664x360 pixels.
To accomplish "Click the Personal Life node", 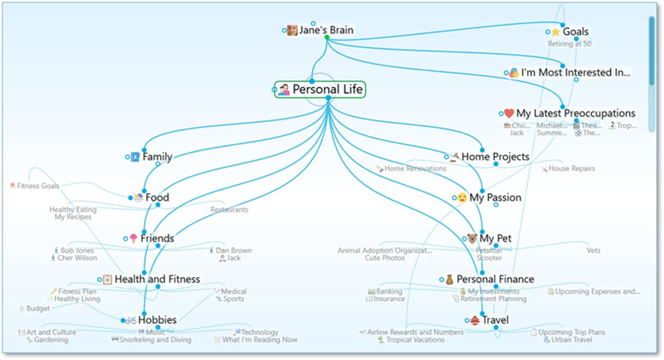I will coord(328,90).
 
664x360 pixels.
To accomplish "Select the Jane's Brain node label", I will coord(326,31).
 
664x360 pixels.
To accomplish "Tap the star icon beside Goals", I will coord(555,32).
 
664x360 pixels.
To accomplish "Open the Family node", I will coord(157,157).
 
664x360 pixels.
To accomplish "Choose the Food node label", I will coord(157,197).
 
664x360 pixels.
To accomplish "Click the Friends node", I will coord(157,238).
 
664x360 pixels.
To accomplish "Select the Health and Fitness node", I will coord(157,279).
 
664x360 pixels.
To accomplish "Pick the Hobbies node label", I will coord(157,319).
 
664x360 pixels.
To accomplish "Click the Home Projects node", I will coord(495,157).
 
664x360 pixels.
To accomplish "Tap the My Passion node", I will coord(495,197).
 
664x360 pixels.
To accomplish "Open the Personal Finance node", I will coord(495,279).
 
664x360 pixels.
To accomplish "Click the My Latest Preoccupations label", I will coord(575,113).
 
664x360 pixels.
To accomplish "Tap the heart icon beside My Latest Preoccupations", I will coord(509,113).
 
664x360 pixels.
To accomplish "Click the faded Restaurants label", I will coord(229,210).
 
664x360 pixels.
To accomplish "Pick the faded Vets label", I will coord(593,251).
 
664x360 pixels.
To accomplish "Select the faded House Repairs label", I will coord(571,168).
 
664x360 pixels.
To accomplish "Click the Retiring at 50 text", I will coord(569,44).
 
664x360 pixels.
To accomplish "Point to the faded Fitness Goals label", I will coord(37,186).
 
